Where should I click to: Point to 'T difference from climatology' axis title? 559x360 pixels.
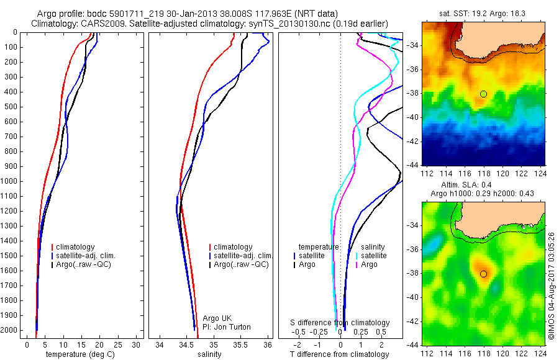(x=340, y=354)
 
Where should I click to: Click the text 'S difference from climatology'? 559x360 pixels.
(x=340, y=323)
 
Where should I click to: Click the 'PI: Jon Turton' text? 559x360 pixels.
(x=227, y=326)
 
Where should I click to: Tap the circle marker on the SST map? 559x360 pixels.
(x=483, y=94)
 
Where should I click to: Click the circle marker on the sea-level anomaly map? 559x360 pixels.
(x=483, y=273)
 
